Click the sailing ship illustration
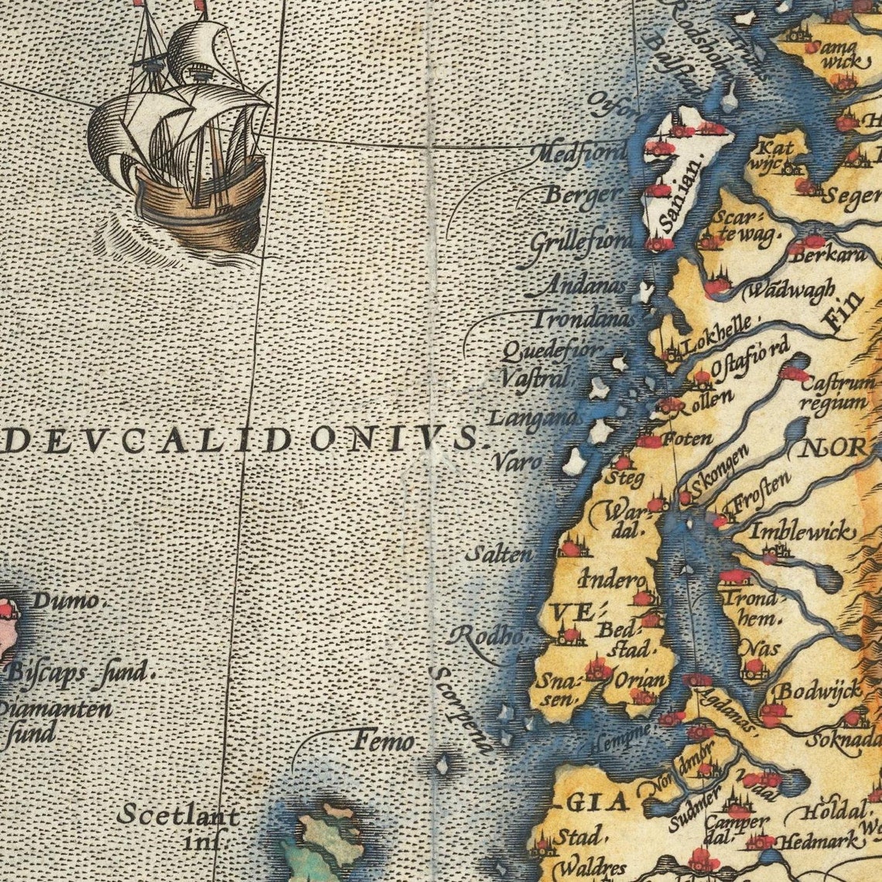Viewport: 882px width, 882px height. (182, 135)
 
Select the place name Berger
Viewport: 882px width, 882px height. (583, 194)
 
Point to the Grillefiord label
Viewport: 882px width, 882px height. (581, 241)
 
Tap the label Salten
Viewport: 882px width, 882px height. (499, 554)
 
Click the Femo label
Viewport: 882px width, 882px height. (384, 741)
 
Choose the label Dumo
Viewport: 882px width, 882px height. (66, 600)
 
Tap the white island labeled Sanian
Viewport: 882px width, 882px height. (685, 174)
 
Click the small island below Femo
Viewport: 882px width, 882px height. (443, 765)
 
